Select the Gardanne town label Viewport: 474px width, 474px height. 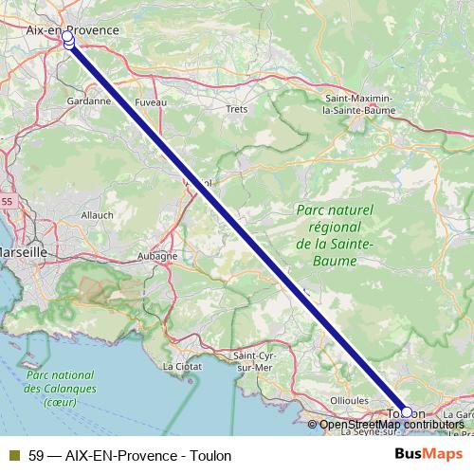[x=90, y=100]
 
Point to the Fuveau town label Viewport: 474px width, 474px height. [x=151, y=100]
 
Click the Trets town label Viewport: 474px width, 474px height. [x=236, y=109]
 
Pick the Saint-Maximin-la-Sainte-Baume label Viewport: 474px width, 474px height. [x=364, y=103]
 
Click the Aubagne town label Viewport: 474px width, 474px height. [x=157, y=256]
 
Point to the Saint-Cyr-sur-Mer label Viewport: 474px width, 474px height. [x=253, y=360]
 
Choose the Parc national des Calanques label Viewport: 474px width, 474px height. [x=50, y=389]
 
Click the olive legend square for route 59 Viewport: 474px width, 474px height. [x=13, y=455]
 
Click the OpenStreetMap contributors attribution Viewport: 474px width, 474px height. [x=392, y=424]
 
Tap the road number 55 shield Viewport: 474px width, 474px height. [x=7, y=202]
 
